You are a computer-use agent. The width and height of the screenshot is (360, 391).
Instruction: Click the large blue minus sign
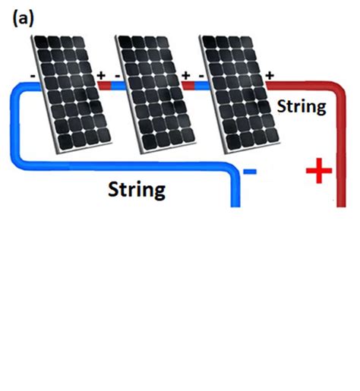[250, 172]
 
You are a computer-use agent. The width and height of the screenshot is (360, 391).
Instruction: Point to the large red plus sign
[319, 172]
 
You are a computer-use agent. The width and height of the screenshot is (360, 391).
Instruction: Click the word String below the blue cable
[137, 188]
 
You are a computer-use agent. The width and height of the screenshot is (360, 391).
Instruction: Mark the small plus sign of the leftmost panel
[101, 75]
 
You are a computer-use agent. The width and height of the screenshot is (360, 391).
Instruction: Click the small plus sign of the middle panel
[185, 75]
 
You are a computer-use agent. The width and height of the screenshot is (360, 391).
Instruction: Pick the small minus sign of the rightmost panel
[200, 75]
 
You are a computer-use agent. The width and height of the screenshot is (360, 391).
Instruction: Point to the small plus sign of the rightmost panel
[269, 75]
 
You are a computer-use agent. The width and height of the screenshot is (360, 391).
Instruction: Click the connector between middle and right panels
[192, 86]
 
